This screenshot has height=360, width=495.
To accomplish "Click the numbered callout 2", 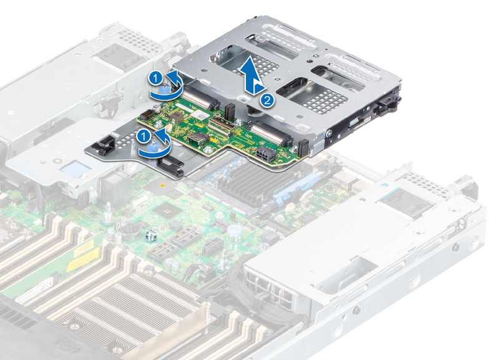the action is pyautogui.click(x=267, y=100).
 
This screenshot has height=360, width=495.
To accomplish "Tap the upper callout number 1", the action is pyautogui.click(x=156, y=77).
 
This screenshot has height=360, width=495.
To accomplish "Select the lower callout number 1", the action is pyautogui.click(x=144, y=136).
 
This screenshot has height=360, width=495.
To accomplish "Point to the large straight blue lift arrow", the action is pyautogui.click(x=254, y=75).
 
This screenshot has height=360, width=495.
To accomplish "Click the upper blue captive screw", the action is pyautogui.click(x=164, y=89).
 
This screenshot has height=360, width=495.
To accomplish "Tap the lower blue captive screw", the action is pyautogui.click(x=154, y=146).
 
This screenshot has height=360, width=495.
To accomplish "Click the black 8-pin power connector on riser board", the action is pyautogui.click(x=263, y=155).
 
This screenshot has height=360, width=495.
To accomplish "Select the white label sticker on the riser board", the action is pyautogui.click(x=200, y=115).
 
